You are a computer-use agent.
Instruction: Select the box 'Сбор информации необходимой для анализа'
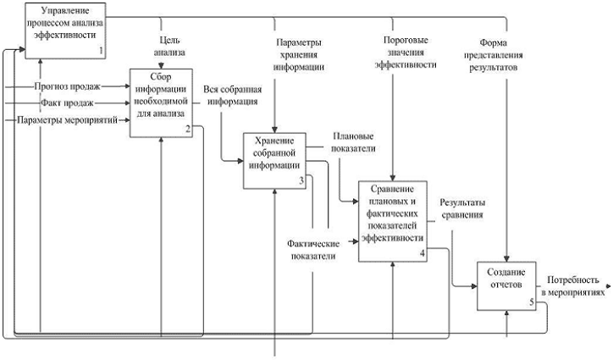[165, 102]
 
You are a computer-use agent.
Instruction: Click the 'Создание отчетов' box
[505, 279]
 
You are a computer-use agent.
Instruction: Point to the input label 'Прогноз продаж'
[67, 86]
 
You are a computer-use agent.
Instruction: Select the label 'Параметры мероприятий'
[67, 121]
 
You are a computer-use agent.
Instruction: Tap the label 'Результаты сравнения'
[461, 208]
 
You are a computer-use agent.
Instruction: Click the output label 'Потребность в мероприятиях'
[575, 285]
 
